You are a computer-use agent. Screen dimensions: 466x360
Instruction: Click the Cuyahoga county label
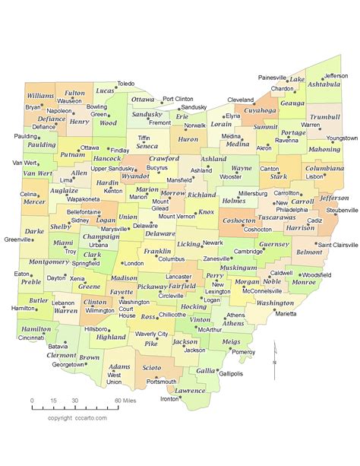pos(260,110)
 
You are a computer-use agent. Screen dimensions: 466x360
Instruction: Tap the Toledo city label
pos(125,84)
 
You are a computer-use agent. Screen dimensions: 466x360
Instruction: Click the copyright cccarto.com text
pos(77,418)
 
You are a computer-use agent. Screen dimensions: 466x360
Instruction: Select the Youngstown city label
pos(342,138)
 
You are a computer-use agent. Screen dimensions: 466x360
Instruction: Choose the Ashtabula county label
pos(324,84)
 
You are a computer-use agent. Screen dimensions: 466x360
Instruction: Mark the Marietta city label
pos(286,312)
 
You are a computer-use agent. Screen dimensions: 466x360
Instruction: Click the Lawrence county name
pos(190,390)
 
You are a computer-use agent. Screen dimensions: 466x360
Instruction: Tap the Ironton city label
pos(170,398)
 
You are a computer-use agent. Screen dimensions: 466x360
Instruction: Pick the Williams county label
pos(39,97)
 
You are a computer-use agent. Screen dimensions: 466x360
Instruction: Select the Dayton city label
pos(55,278)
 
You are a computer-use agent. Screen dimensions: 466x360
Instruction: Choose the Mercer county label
pos(34,202)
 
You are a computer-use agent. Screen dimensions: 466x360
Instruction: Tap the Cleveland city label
pos(241,100)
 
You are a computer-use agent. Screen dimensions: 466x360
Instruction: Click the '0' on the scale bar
pos(32,400)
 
